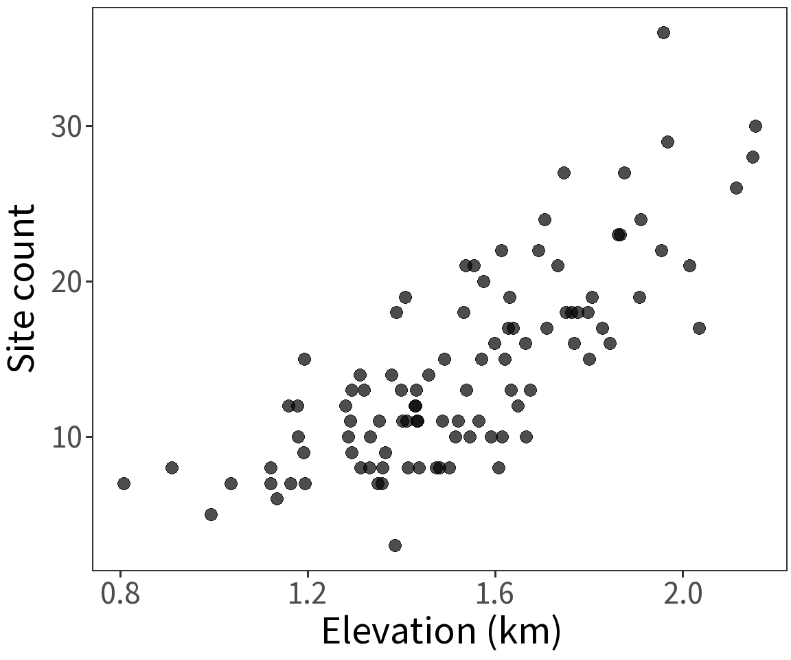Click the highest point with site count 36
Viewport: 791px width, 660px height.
663,33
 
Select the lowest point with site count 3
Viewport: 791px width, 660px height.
395,545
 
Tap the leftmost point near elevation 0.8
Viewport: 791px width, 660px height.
124,483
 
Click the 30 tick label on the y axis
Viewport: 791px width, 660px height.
66,127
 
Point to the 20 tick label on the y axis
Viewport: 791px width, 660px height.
66,283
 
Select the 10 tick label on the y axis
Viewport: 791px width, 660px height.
66,438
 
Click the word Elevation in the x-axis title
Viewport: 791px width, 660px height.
398,631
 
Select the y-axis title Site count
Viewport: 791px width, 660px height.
22,289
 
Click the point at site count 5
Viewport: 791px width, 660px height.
211,514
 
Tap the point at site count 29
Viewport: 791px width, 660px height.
667,142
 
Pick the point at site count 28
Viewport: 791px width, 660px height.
753,157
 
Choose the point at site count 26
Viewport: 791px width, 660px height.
736,188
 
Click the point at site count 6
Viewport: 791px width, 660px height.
277,498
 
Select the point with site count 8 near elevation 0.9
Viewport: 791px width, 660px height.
172,467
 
